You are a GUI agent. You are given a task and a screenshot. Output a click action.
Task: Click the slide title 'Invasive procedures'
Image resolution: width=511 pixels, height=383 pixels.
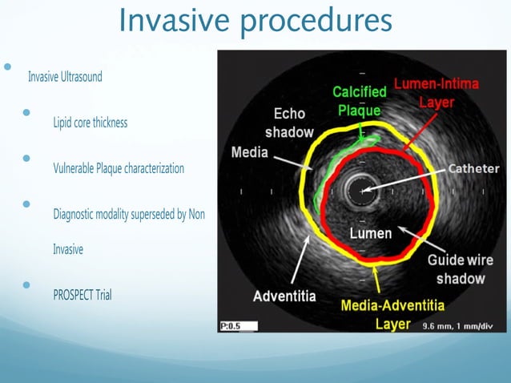pos(255,21)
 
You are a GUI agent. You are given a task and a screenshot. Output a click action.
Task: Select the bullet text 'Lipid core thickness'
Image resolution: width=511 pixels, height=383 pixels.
pos(90,123)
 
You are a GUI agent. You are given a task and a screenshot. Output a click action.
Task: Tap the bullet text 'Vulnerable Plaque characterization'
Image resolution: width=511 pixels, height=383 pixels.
pos(119,168)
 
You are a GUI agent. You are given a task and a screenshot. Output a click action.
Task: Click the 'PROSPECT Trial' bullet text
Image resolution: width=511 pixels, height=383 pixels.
pos(82,295)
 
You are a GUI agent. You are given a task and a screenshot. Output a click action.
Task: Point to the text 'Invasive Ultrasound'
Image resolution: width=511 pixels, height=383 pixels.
pos(65,77)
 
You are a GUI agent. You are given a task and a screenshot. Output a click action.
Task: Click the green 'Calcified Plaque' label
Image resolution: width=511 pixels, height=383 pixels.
pos(360,102)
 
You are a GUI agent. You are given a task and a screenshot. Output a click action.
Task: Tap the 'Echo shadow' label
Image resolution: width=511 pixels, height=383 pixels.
pos(289,123)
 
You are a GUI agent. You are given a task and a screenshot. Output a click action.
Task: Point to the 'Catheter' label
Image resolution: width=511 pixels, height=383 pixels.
pos(473,169)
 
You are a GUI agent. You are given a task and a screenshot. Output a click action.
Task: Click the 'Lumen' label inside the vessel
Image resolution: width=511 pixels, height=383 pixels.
pos(371,233)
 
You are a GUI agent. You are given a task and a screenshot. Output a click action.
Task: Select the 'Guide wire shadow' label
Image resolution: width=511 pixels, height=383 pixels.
pos(460,269)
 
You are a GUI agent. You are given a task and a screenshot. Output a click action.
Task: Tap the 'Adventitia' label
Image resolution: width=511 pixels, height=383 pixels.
pos(284,296)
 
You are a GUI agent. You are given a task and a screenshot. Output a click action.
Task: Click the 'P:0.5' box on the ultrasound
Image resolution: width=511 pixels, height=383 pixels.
pos(238,325)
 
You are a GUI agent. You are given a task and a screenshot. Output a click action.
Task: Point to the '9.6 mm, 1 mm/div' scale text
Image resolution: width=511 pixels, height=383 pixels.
pos(457,326)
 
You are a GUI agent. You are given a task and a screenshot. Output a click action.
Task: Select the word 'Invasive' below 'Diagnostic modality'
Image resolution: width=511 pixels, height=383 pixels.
pos(68,249)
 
